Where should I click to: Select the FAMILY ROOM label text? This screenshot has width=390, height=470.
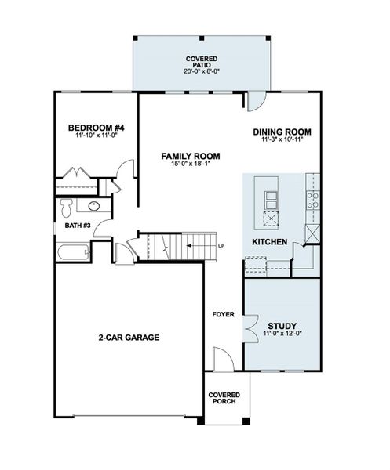tap(190, 156)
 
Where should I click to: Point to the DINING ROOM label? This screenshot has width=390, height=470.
tap(282, 132)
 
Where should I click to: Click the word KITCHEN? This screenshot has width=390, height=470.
tap(269, 241)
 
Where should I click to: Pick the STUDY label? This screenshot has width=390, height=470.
tap(282, 325)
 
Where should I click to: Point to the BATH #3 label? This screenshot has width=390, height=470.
tap(78, 226)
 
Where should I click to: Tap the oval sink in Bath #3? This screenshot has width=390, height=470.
tap(93, 207)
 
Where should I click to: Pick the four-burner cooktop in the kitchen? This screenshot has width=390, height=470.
tap(313, 199)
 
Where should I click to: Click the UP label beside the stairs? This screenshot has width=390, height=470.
tap(221, 247)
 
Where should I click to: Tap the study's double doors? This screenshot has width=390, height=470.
tap(250, 327)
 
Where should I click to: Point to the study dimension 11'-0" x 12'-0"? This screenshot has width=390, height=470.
tap(282, 334)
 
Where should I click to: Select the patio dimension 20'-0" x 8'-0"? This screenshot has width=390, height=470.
tap(202, 71)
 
